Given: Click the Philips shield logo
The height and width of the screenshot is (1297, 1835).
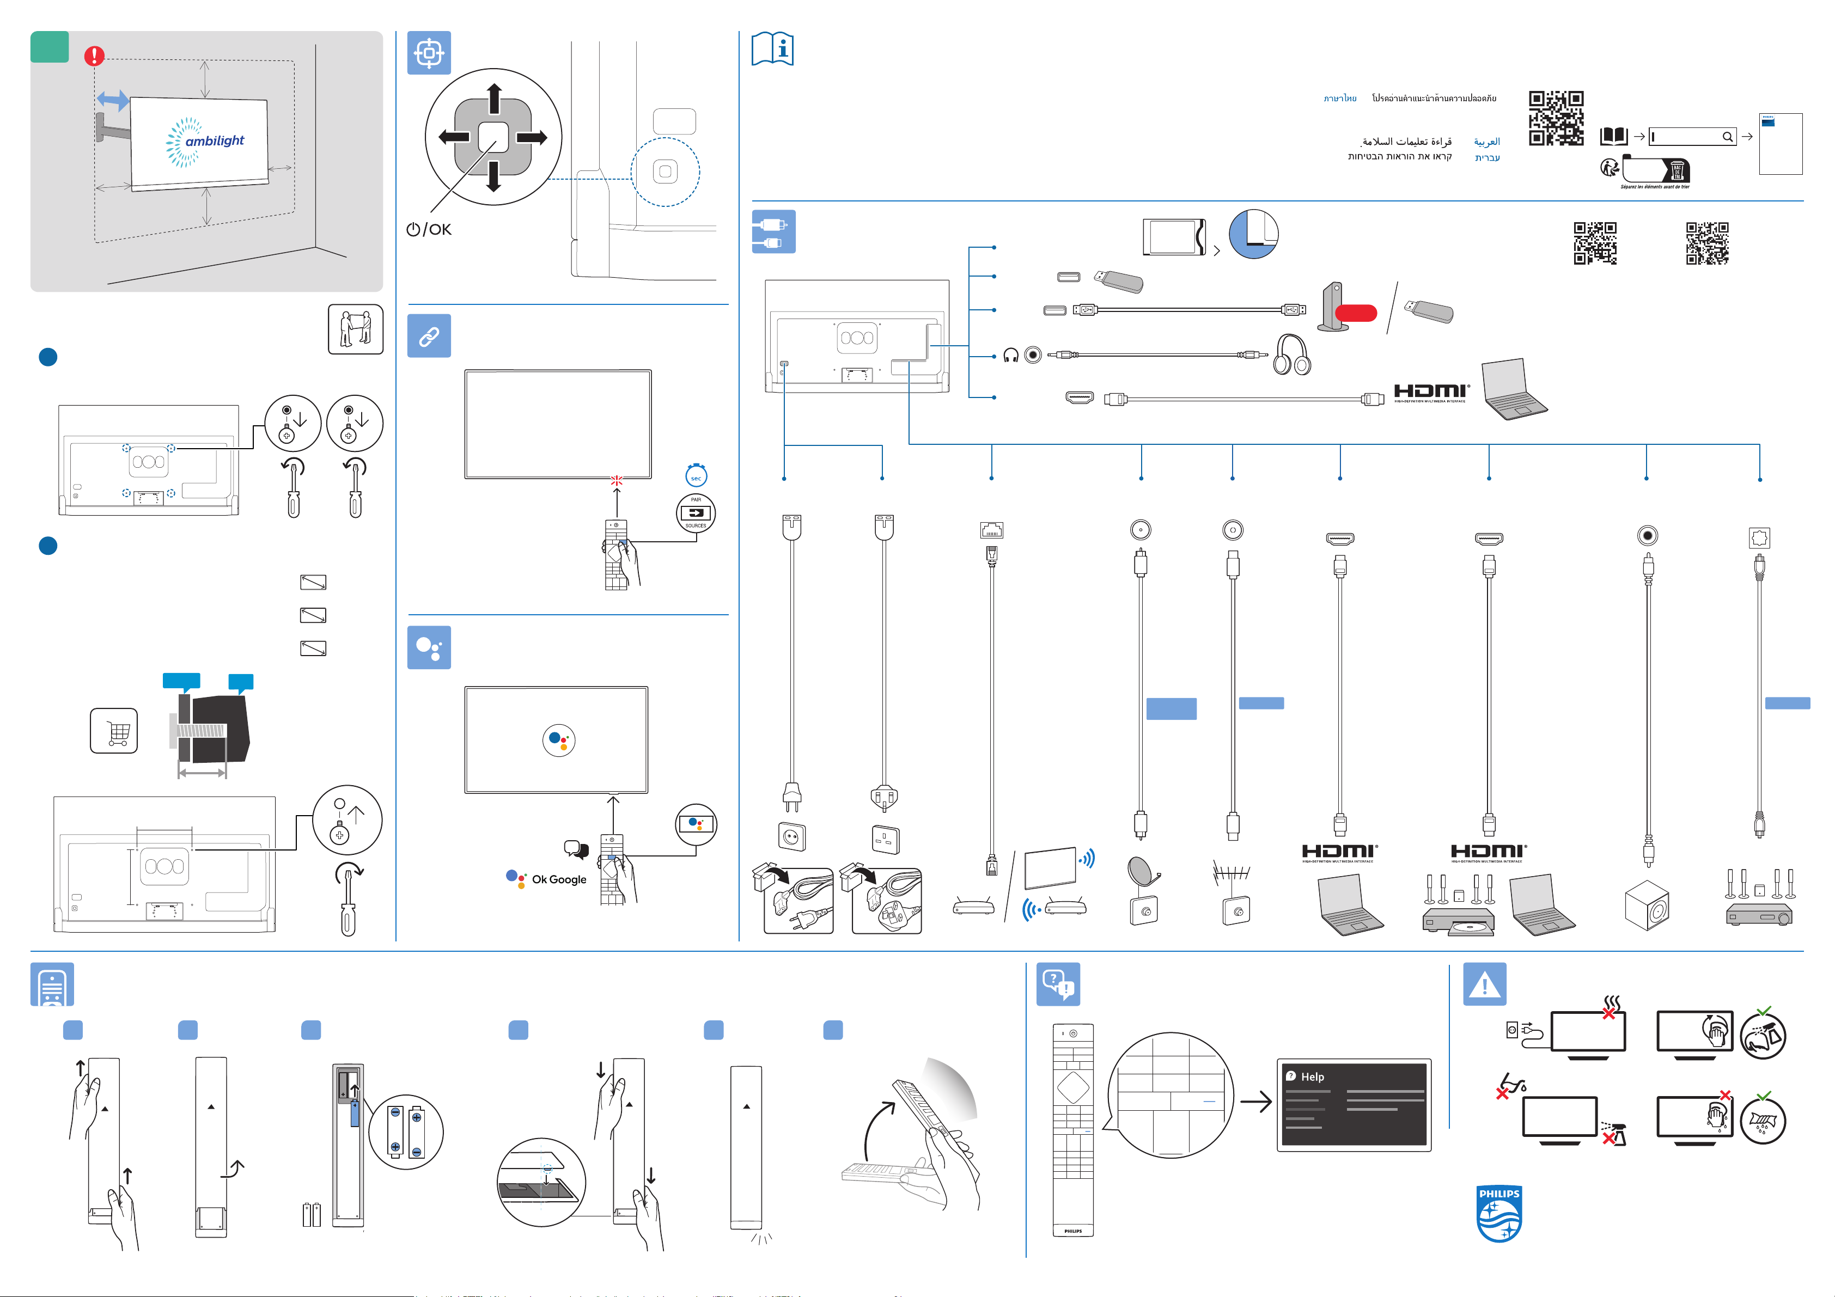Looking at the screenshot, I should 1498,1214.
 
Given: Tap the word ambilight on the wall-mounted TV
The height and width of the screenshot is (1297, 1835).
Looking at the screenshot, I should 214,140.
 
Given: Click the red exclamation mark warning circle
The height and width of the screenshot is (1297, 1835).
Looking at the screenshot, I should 94,56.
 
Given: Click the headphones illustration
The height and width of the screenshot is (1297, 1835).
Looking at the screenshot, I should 1291,355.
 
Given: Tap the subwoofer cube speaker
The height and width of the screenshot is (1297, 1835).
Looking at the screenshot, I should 1647,904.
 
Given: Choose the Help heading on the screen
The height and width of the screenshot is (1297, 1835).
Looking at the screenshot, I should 1312,1076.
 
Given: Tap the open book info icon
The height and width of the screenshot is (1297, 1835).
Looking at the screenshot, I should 773,50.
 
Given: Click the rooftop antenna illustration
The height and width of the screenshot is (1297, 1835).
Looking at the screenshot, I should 1232,873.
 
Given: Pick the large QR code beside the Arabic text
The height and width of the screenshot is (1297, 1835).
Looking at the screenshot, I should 1555,118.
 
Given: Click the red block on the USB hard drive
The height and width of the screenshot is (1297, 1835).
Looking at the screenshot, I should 1356,313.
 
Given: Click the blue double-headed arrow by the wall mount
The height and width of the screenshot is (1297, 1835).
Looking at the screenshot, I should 113,101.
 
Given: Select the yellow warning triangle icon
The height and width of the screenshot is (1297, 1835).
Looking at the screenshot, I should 1484,984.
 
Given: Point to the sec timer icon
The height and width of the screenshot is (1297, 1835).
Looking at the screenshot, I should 696,476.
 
